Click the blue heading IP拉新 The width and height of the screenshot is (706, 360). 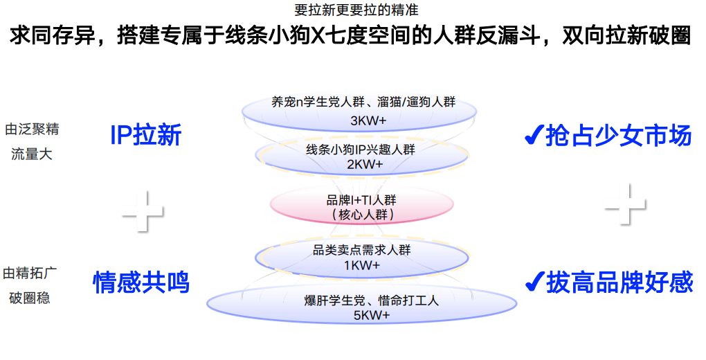pyautogui.click(x=146, y=135)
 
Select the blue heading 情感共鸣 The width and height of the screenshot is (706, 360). pyautogui.click(x=141, y=282)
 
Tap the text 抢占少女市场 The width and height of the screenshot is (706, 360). pyautogui.click(x=618, y=135)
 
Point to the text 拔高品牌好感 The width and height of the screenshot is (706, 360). pyautogui.click(x=619, y=282)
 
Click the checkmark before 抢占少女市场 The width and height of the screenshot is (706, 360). pyautogui.click(x=533, y=136)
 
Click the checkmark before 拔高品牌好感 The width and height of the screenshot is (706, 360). pyautogui.click(x=534, y=282)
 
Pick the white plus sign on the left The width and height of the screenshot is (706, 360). pyautogui.click(x=143, y=209)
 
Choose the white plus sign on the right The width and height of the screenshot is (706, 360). pyautogui.click(x=625, y=204)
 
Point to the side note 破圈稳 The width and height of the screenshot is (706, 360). pyautogui.click(x=29, y=298)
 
